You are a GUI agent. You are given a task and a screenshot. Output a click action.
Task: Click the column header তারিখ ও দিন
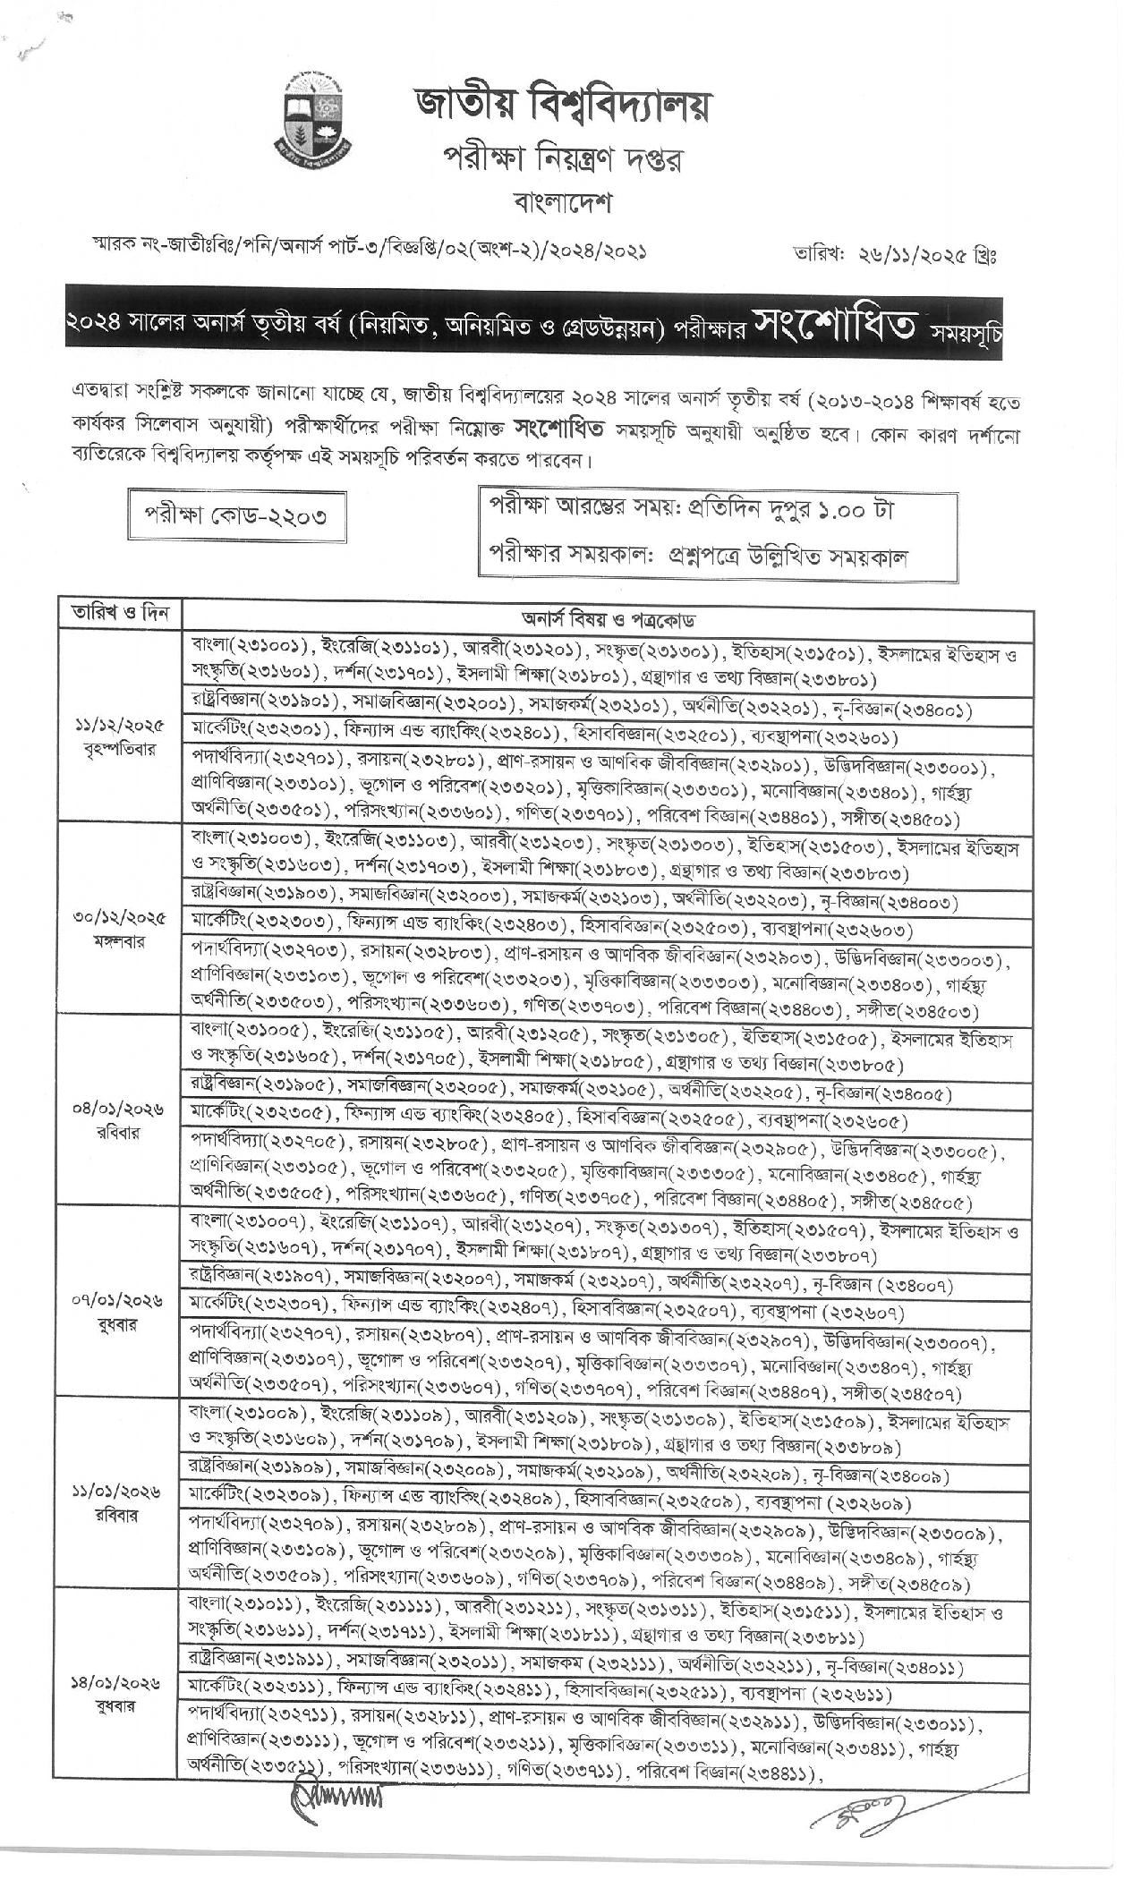(120, 616)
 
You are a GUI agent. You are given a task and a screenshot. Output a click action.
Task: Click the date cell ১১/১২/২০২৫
(120, 727)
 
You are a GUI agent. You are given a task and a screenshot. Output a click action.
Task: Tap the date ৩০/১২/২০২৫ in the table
(120, 918)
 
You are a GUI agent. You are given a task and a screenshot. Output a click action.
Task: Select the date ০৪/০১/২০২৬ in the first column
(120, 1110)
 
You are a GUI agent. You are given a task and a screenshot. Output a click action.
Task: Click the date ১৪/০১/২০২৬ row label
(120, 1684)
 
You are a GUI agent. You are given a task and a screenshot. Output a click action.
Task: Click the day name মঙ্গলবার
(120, 941)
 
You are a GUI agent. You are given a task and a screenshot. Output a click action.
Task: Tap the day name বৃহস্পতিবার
(120, 750)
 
